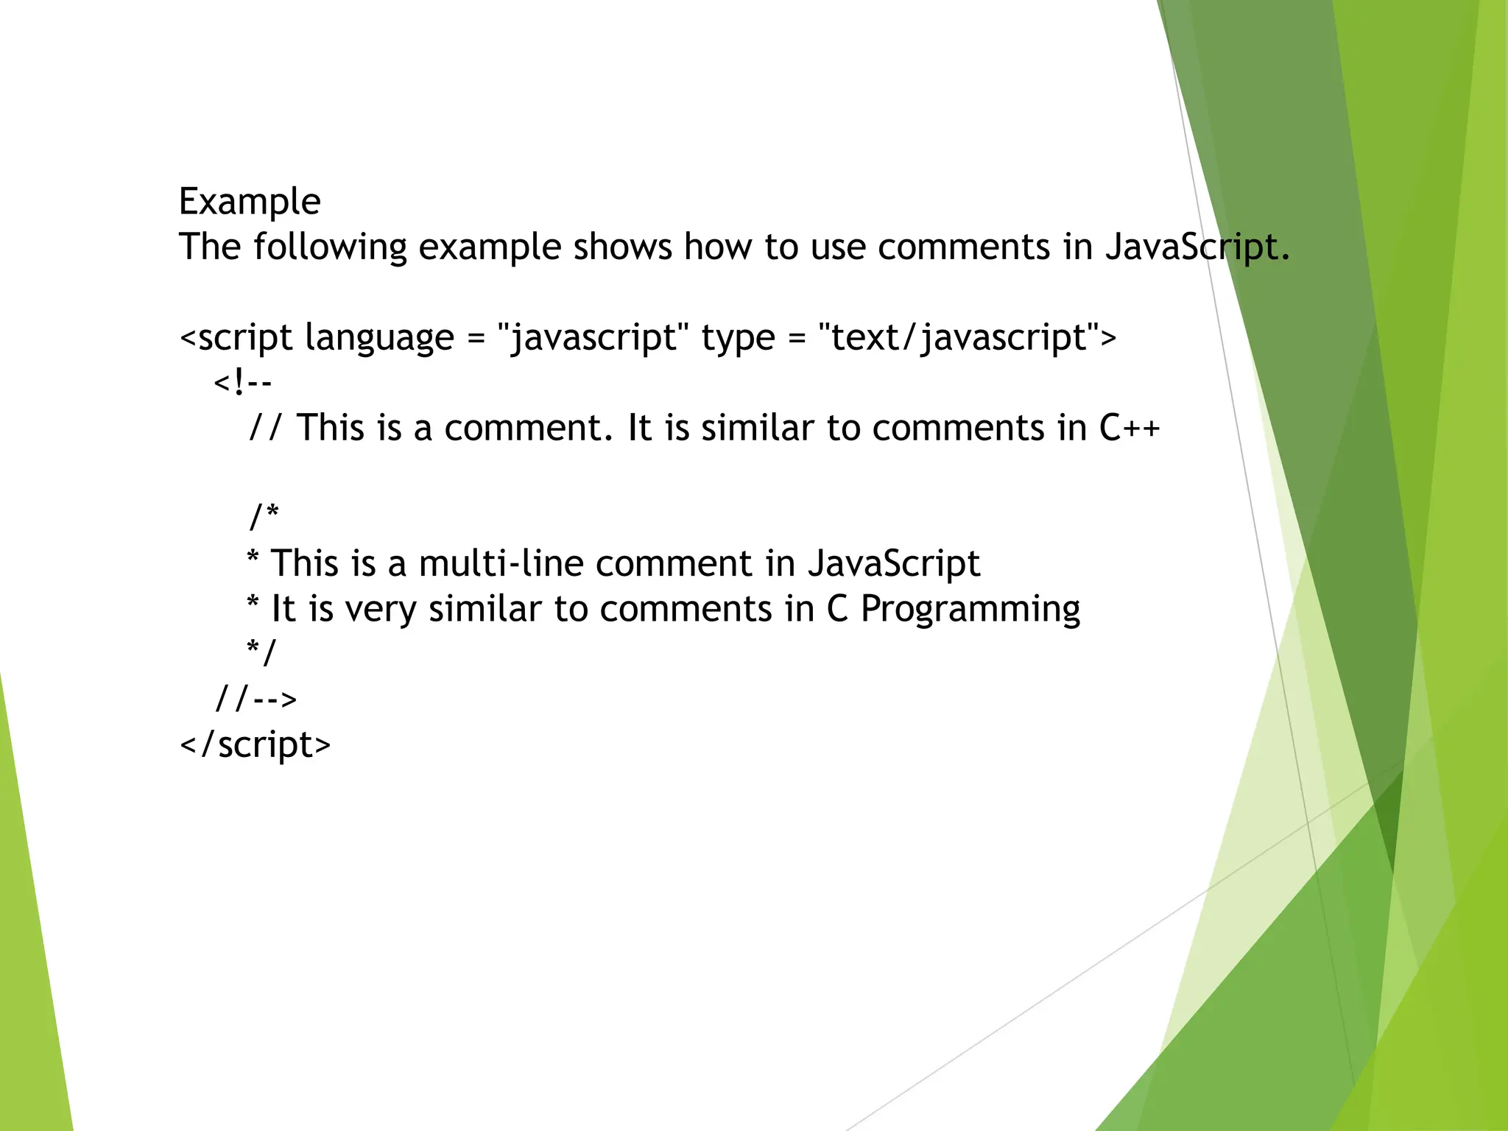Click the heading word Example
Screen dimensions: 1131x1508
pyautogui.click(x=250, y=202)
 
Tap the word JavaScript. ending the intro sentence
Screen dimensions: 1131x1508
pyautogui.click(x=1197, y=247)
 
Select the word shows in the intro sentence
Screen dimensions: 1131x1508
pyautogui.click(x=622, y=247)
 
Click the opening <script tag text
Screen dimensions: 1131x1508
pyautogui.click(x=236, y=338)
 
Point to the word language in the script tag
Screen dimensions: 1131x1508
pyautogui.click(x=379, y=338)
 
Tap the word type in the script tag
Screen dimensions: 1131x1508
pyautogui.click(x=738, y=338)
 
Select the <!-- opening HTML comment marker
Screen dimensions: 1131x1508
pyautogui.click(x=243, y=383)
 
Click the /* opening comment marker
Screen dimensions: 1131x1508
pyautogui.click(x=264, y=516)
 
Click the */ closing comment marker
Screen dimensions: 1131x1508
pyautogui.click(x=261, y=652)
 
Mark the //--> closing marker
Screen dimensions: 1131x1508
pyautogui.click(x=256, y=698)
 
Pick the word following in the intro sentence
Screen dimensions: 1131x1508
pyautogui.click(x=330, y=247)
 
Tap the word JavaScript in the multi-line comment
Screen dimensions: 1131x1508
pyautogui.click(x=893, y=564)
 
